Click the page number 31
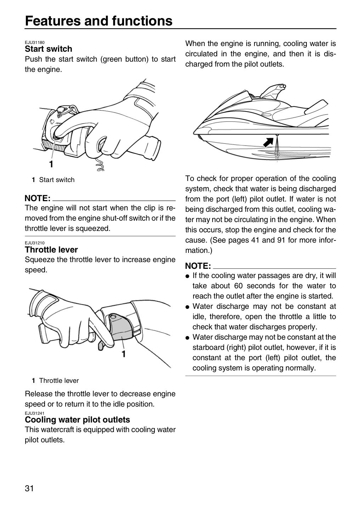29,488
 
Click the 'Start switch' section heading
48,49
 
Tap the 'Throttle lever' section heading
51,250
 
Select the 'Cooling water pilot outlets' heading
77,420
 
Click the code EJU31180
35,42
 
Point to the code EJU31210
35,243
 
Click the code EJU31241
35,413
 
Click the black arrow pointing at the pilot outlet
268,142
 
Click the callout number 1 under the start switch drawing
51,164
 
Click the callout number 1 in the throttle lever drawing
124,354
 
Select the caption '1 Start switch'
53,180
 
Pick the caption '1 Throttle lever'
55,380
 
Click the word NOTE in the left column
38,198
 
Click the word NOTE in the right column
198,266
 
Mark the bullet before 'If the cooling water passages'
187,276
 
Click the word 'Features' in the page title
53,21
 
